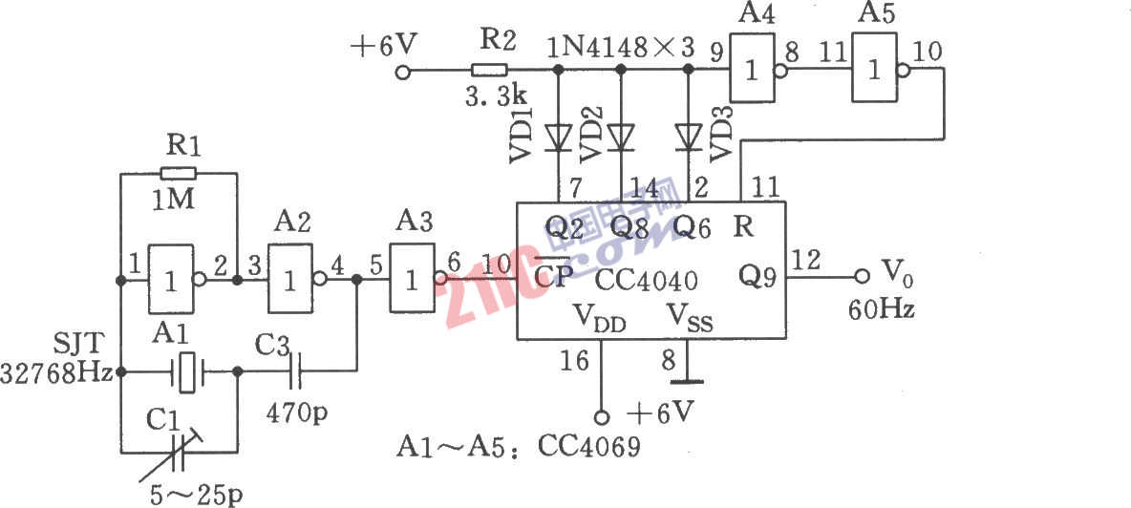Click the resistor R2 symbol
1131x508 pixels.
click(x=489, y=70)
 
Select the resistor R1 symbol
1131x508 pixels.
click(x=179, y=174)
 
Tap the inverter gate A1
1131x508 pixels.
click(x=171, y=280)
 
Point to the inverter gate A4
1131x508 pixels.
click(x=755, y=70)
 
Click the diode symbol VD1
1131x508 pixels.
click(x=558, y=138)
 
